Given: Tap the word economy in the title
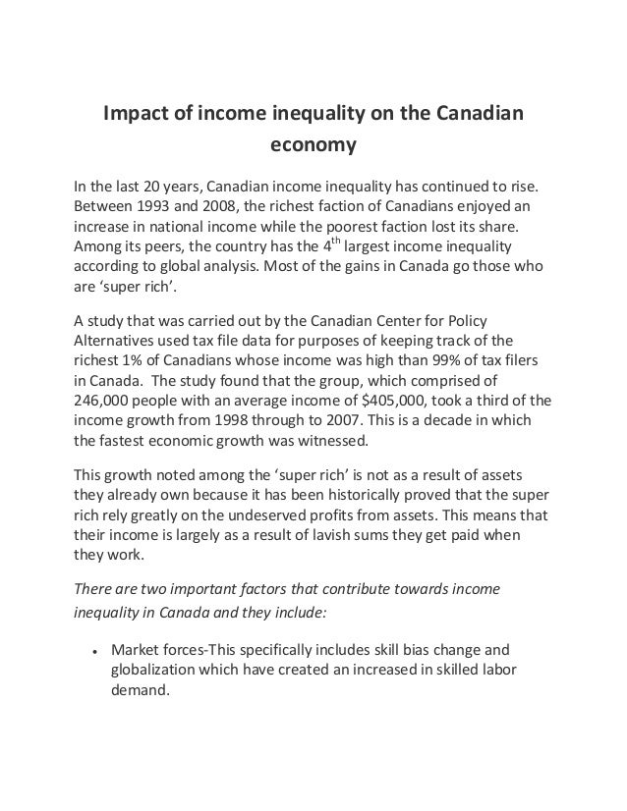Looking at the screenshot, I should pyautogui.click(x=313, y=146).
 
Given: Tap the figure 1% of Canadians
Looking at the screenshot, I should pyautogui.click(x=136, y=360).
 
